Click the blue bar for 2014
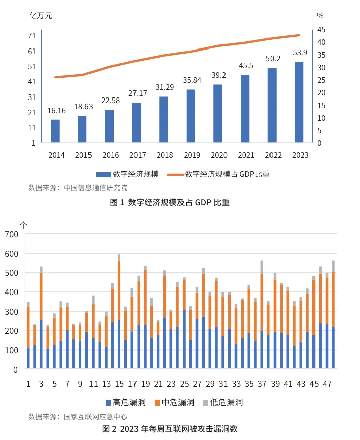tap(55, 131)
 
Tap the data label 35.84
tap(191, 80)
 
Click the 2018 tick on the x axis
tap(164, 155)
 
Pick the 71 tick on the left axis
tap(32, 36)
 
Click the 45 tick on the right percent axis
tap(321, 30)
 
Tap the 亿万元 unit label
tap(40, 15)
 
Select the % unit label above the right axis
tap(320, 15)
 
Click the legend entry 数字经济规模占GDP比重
tap(227, 174)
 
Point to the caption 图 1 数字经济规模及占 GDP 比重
tap(170, 203)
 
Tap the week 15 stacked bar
tap(119, 313)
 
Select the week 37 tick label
tap(262, 384)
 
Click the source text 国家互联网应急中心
tap(96, 417)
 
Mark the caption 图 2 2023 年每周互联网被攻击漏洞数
tap(170, 429)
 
